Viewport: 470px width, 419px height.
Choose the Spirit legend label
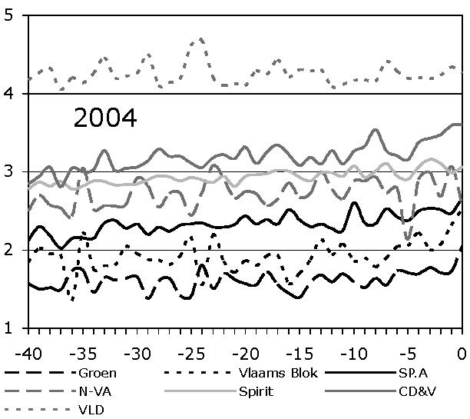pyautogui.click(x=259, y=391)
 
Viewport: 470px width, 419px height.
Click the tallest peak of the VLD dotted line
pyautogui.click(x=200, y=38)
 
